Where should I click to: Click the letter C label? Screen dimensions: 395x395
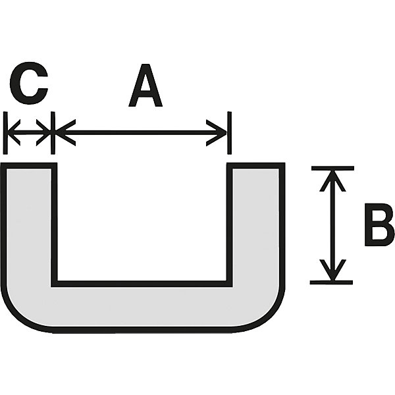point(29,80)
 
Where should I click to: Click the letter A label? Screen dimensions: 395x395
point(145,86)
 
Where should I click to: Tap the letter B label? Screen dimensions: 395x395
point(379,224)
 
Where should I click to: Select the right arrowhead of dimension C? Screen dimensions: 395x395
point(43,132)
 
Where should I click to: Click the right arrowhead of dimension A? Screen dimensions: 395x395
point(217,133)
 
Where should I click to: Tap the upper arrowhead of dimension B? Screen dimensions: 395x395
point(332,180)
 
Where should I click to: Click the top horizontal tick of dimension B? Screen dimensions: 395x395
point(332,169)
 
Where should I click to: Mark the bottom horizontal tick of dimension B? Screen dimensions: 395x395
point(331,282)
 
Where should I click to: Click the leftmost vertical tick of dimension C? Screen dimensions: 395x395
point(5,133)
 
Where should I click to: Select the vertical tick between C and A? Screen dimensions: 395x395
point(53,133)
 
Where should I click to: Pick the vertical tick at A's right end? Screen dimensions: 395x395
point(229,133)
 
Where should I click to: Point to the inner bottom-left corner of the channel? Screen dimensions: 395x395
point(55,284)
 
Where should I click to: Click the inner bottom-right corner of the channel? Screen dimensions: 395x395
point(229,284)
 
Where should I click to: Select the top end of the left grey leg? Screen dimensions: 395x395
point(29,166)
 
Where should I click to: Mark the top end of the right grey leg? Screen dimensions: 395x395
point(255,166)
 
